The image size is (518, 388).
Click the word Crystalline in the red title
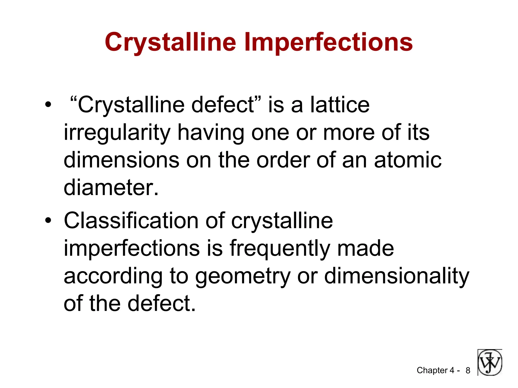pyautogui.click(x=170, y=42)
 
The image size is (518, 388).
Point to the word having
pyautogui.click(x=211, y=133)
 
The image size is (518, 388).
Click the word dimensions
pyautogui.click(x=121, y=160)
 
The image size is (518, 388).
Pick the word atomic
pyautogui.click(x=408, y=160)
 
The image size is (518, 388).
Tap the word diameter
pyautogui.click(x=111, y=188)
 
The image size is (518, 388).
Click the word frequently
pyautogui.click(x=280, y=248)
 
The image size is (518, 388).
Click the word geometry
pyautogui.click(x=243, y=276)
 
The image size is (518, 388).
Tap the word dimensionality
pyautogui.click(x=397, y=276)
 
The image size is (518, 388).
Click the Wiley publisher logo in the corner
pyautogui.click(x=490, y=362)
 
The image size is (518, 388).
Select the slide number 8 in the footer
pyautogui.click(x=468, y=371)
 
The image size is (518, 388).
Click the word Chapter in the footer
pyautogui.click(x=432, y=370)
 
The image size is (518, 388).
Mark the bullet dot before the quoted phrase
pyautogui.click(x=48, y=105)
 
